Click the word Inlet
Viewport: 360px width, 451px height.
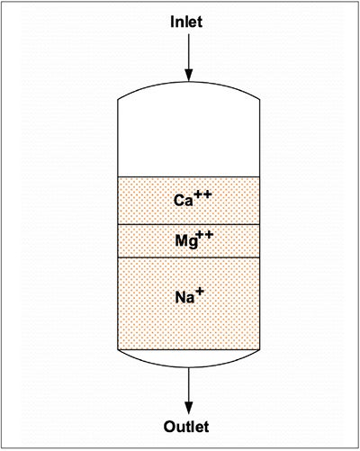point(186,22)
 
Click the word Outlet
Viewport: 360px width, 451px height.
point(186,427)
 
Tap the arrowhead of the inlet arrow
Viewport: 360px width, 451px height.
point(188,75)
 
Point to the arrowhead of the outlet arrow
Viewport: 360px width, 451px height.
point(188,408)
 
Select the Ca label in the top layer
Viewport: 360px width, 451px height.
point(184,201)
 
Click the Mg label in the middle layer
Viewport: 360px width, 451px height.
point(186,241)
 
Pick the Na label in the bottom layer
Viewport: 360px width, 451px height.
point(184,297)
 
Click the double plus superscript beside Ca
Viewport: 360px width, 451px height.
point(202,194)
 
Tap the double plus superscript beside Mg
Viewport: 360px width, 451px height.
point(204,235)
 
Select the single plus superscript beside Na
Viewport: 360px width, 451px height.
point(200,292)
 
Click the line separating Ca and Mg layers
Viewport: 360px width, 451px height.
point(189,224)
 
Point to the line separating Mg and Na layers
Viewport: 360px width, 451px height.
point(189,257)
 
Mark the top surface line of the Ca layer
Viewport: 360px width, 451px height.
point(189,177)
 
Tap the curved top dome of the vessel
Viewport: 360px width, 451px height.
point(189,82)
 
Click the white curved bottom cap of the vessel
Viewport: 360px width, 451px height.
point(189,358)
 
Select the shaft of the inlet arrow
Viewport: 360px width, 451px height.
point(189,51)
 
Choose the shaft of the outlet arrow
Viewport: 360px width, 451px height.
point(189,384)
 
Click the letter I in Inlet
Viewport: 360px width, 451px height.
point(173,22)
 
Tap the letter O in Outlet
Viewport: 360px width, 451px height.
point(170,427)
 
